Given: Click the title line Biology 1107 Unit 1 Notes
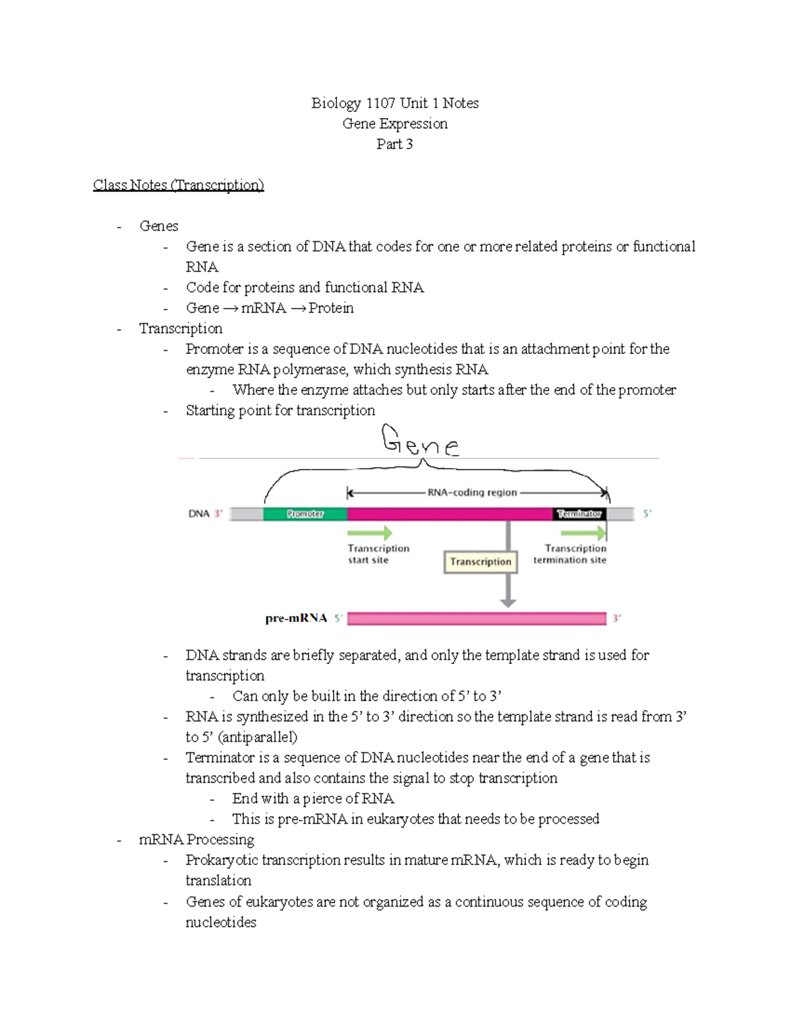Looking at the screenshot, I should (x=395, y=103).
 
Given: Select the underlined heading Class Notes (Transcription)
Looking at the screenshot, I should (x=178, y=185).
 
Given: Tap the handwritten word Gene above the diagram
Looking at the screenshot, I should (x=420, y=442).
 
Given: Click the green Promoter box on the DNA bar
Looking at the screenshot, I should (x=305, y=514).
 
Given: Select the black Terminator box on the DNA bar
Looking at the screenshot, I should (x=579, y=514).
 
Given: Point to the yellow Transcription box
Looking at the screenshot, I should (x=481, y=562).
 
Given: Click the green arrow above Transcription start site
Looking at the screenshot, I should (x=369, y=533).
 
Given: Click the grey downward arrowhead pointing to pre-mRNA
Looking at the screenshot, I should (x=508, y=602).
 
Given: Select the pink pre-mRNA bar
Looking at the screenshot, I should (x=476, y=618).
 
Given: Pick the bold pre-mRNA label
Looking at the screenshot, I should (x=296, y=618).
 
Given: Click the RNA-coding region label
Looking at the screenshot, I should (x=472, y=493).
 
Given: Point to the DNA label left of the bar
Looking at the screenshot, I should (x=198, y=514).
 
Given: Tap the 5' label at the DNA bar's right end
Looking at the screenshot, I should (x=647, y=514).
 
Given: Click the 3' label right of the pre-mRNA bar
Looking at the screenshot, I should (x=617, y=618).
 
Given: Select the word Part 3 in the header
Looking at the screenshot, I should (x=394, y=144).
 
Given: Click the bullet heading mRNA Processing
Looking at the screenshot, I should (x=196, y=839).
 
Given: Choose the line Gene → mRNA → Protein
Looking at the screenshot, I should (x=270, y=308).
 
